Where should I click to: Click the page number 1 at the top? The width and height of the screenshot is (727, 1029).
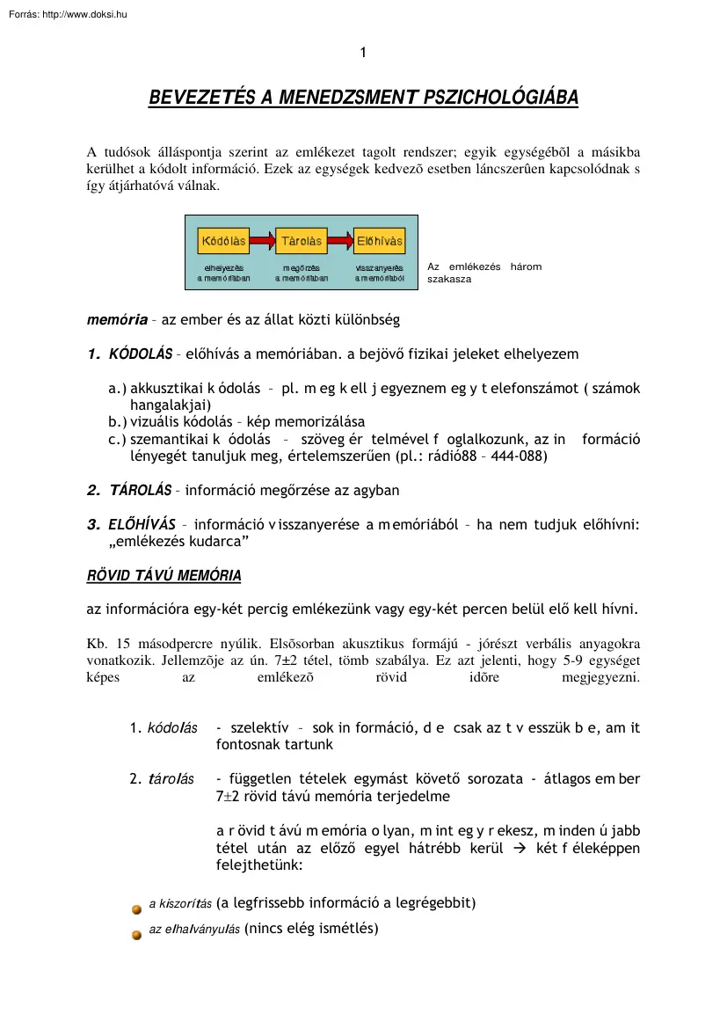tap(363, 53)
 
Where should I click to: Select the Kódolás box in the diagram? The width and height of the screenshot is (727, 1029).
tap(224, 240)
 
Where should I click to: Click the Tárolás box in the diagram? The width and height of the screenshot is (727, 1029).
tap(302, 240)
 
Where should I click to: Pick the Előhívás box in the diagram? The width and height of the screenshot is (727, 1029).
tap(380, 240)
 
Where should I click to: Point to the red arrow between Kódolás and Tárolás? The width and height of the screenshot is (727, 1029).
tap(262, 240)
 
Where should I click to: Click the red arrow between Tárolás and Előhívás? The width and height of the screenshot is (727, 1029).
tap(340, 240)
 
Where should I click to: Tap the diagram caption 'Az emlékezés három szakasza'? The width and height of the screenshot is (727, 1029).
tap(483, 273)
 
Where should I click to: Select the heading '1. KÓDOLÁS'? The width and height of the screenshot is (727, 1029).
tap(129, 354)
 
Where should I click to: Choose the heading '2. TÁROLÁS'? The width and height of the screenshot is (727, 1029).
tap(129, 489)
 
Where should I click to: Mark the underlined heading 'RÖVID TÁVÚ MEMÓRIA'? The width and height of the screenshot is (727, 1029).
tap(164, 576)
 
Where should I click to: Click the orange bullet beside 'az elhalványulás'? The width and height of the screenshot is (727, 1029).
tap(137, 934)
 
